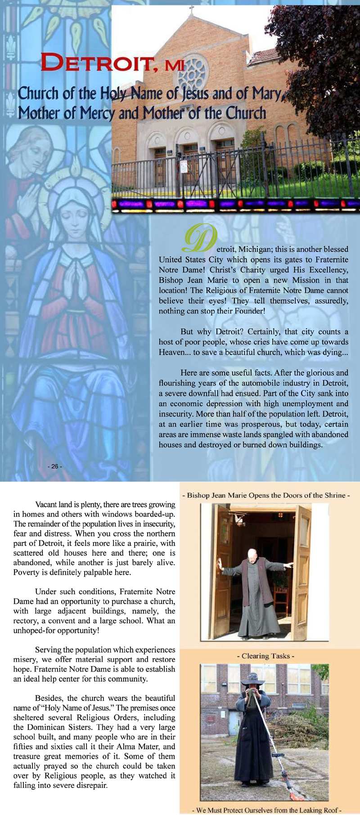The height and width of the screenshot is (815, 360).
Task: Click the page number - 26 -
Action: coord(55,466)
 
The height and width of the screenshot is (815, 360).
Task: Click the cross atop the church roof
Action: coord(191,9)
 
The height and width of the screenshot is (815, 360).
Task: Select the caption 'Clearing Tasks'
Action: coord(265,656)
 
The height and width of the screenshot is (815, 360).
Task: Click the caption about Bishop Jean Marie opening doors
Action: coord(266,495)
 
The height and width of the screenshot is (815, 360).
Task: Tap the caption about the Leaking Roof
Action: coord(267,810)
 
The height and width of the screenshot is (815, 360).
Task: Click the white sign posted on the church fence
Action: coord(184,167)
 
